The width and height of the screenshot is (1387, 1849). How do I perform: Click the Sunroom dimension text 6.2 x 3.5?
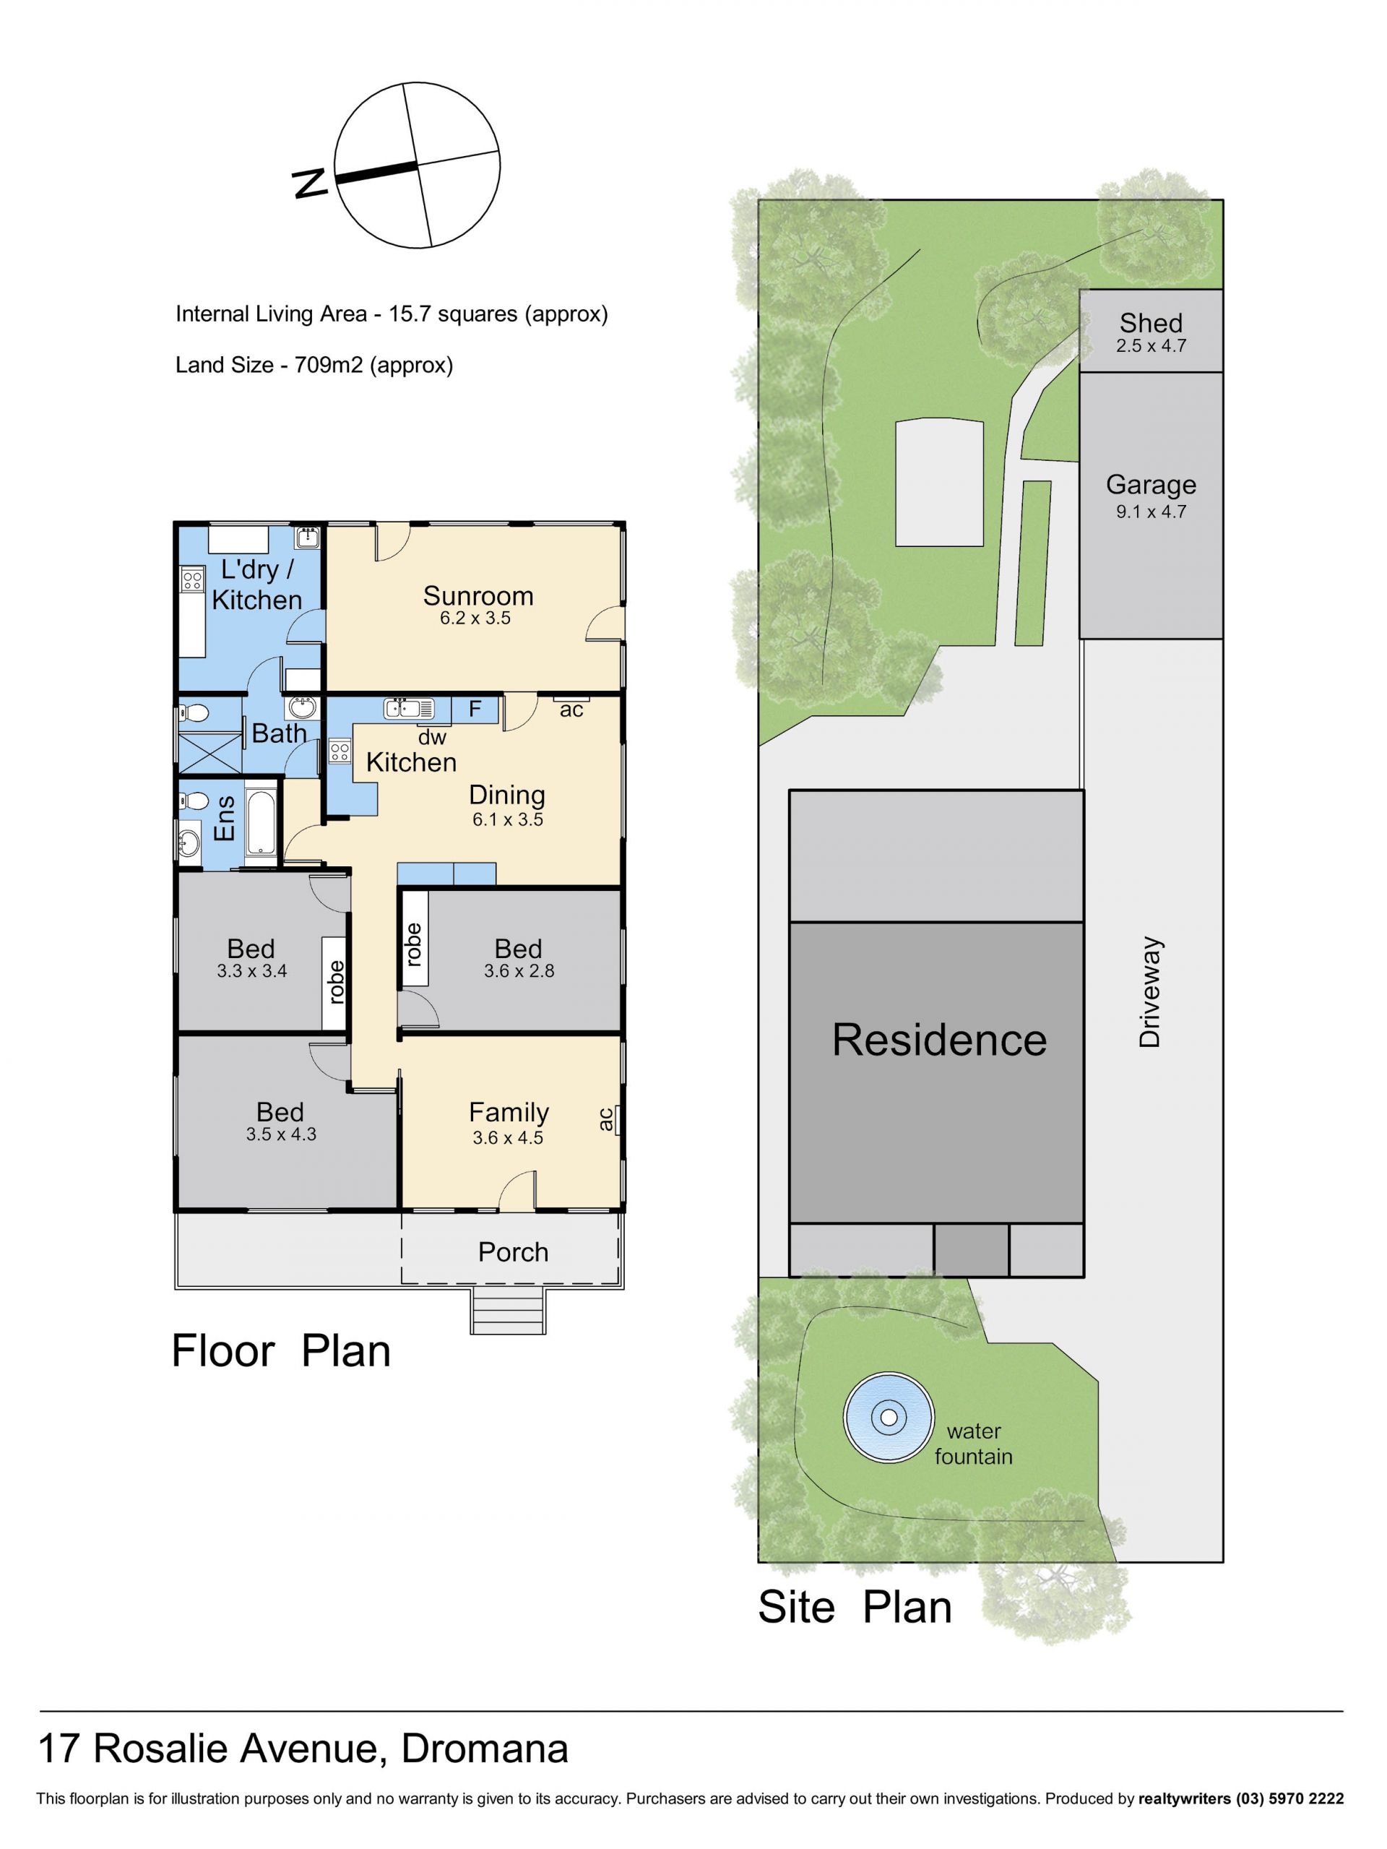click(475, 618)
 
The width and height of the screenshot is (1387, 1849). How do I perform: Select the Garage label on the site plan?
click(1151, 484)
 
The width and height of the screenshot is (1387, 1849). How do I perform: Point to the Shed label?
click(1151, 323)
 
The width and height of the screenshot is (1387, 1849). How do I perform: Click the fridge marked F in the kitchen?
click(475, 710)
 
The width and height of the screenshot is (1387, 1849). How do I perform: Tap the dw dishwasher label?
click(432, 737)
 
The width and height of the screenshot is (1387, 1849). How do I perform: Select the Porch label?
click(513, 1251)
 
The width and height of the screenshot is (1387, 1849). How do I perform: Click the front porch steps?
click(509, 1311)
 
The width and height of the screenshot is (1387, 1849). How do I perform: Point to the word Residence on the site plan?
click(939, 1040)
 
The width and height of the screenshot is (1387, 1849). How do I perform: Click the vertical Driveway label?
click(1151, 992)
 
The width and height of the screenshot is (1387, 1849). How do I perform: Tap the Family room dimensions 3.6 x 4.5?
click(508, 1138)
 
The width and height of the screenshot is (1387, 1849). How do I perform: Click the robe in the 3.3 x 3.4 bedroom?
click(335, 982)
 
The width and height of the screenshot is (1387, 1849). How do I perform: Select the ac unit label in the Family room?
click(606, 1119)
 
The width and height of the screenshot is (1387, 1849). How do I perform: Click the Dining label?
click(506, 796)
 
